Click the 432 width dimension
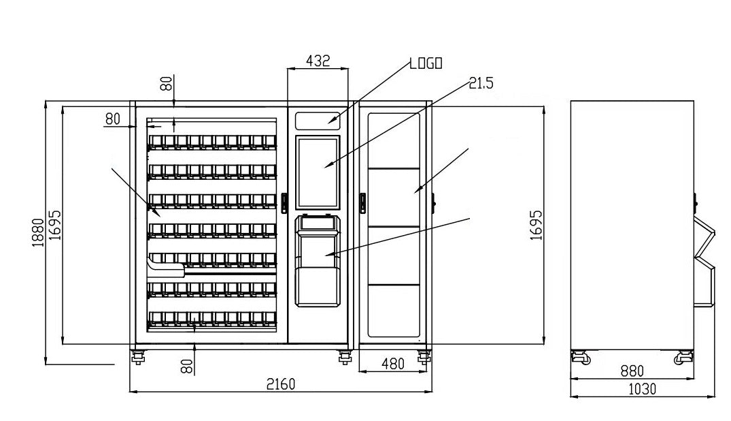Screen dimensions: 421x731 tap(318, 61)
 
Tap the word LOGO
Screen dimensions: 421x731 tap(426, 63)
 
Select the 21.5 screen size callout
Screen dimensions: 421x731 tap(481, 83)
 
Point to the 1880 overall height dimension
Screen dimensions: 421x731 tap(38, 232)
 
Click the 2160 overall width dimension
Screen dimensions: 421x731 tap(280, 384)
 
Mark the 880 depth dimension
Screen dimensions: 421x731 tap(632, 371)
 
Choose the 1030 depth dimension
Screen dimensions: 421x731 tap(641, 389)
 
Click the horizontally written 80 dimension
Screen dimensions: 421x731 tap(113, 118)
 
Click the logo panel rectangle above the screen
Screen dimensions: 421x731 tap(318, 120)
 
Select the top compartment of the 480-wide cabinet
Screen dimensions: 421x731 tap(394, 140)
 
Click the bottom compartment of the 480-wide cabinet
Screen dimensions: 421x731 tap(394, 311)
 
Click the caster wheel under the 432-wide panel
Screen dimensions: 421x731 tap(343, 356)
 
